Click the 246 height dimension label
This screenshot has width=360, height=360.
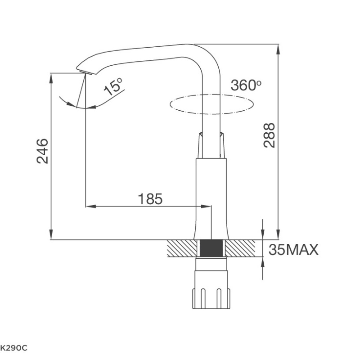point(42,151)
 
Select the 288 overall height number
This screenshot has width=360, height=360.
point(269,135)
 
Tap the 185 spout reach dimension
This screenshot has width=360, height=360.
point(150,199)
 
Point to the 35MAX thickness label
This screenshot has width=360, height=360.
point(294,250)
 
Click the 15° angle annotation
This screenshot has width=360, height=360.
point(113,86)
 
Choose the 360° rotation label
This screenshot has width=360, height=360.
point(246,85)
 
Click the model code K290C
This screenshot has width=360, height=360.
point(13,348)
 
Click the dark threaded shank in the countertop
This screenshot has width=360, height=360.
point(211,248)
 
